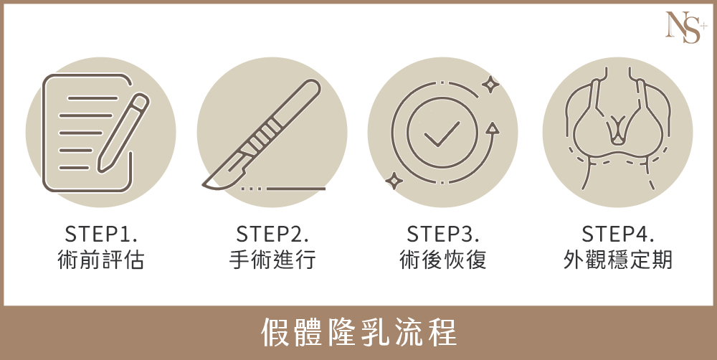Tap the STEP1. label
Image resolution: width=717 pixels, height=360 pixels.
coord(101,234)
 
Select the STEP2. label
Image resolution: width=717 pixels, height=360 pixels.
coord(272,234)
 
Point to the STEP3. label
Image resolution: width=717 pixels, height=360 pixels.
coord(443,234)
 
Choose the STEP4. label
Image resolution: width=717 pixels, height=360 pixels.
coord(618,234)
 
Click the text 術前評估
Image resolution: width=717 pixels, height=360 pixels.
coord(100,260)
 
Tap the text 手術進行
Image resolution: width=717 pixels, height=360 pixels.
coord(272,260)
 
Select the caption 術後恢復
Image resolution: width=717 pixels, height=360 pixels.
coord(443,260)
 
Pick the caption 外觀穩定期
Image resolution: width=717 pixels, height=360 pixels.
coord(618,260)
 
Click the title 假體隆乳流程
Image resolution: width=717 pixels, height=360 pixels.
coord(359,333)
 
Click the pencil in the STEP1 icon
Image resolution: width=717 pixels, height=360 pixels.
coord(123,133)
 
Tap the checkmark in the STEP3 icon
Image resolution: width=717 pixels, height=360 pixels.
coord(442,133)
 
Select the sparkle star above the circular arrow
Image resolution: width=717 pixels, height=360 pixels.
coord(490,84)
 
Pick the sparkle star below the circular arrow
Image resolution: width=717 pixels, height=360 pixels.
coord(394,181)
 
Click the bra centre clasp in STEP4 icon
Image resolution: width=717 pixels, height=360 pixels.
coord(618,131)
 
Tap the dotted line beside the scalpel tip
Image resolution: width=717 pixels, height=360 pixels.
coord(252,188)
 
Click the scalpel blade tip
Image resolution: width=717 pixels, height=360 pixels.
coord(204,184)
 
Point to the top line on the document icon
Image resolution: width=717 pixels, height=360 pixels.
coord(92,98)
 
